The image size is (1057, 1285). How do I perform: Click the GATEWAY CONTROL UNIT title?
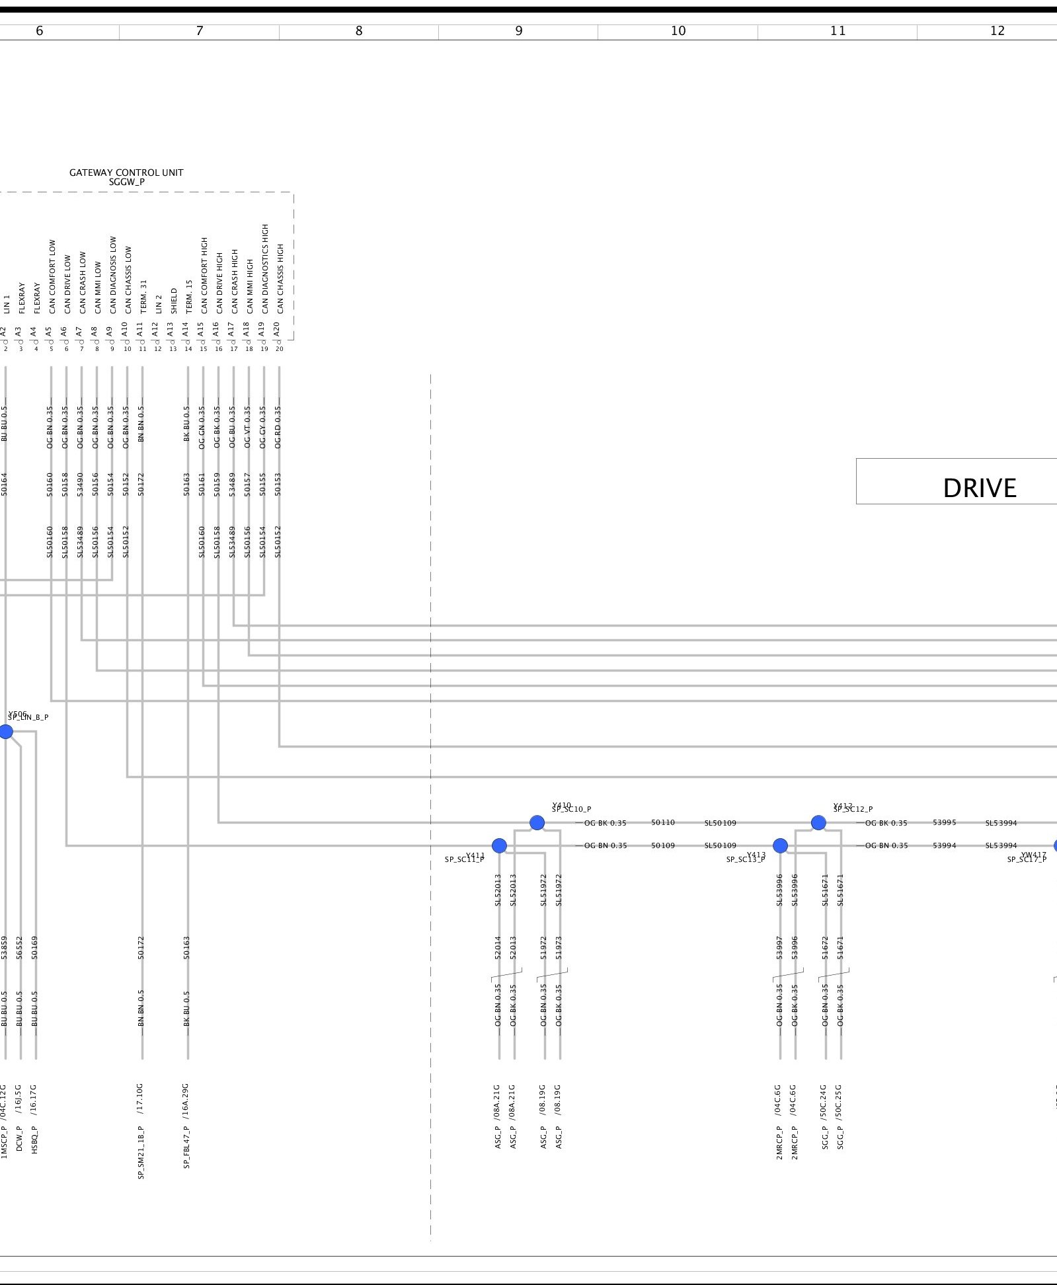coord(126,173)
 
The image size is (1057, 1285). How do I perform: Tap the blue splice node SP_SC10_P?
coord(537,823)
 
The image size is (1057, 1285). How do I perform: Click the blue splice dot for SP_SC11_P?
coord(499,845)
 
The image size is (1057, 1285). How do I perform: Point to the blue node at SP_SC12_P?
coord(818,823)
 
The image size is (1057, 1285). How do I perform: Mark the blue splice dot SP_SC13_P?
coord(780,845)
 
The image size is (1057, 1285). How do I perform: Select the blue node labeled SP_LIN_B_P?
coord(6,732)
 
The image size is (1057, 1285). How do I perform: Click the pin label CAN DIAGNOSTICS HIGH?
coord(265,269)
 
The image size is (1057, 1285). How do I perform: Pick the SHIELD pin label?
coord(174,300)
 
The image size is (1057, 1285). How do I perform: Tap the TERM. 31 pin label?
coord(143,297)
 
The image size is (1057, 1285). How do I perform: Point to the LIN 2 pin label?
coord(159,304)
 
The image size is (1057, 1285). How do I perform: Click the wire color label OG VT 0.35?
coord(248,427)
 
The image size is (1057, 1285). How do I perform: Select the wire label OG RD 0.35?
coord(278,427)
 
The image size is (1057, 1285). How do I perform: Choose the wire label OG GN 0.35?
coord(202,427)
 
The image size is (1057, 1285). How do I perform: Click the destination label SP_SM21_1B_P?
coord(141,1152)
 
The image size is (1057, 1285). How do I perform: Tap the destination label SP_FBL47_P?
coord(186,1148)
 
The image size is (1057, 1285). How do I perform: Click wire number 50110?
coord(663,823)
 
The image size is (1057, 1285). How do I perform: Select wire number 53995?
coord(945,823)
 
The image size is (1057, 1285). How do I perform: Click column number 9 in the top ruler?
coord(519,31)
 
